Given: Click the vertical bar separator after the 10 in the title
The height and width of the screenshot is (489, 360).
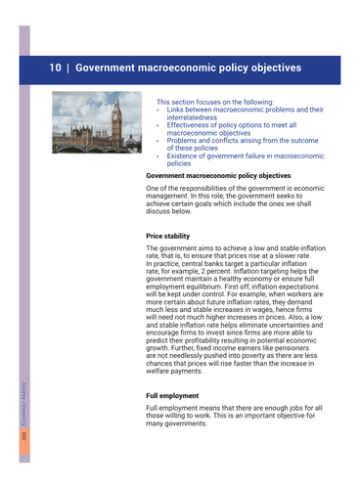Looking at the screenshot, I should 67,69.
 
